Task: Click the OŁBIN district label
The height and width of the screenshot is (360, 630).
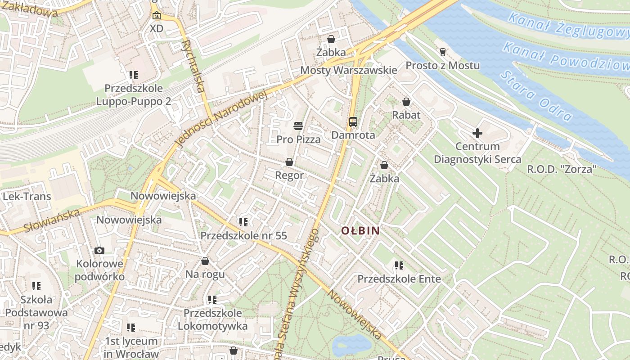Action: point(360,231)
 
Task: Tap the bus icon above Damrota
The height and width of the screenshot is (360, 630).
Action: point(353,121)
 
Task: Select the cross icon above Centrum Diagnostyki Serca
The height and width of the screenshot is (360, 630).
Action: point(477,133)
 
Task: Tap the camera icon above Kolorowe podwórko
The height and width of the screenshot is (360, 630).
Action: point(99,250)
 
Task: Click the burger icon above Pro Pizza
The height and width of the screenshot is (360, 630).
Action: point(298,126)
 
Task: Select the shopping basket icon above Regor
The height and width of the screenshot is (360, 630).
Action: point(289,162)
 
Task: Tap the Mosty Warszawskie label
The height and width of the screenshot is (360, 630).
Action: point(349,70)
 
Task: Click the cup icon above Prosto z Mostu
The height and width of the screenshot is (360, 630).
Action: point(442,52)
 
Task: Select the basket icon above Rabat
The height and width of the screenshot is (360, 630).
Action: point(406,102)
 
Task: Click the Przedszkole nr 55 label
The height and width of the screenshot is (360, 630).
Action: point(243,235)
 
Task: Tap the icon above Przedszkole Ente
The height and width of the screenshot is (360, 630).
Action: point(399,265)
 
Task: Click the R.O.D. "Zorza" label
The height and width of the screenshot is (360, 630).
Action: point(562,170)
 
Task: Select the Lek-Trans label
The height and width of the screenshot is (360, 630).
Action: point(27,197)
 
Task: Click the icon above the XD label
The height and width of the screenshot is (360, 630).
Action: point(156,16)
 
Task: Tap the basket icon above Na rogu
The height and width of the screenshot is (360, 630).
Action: point(205,261)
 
